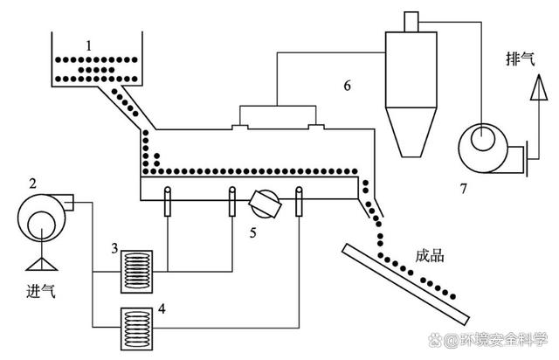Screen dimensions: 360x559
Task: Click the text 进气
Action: click(40, 291)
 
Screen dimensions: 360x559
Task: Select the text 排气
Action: click(521, 59)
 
